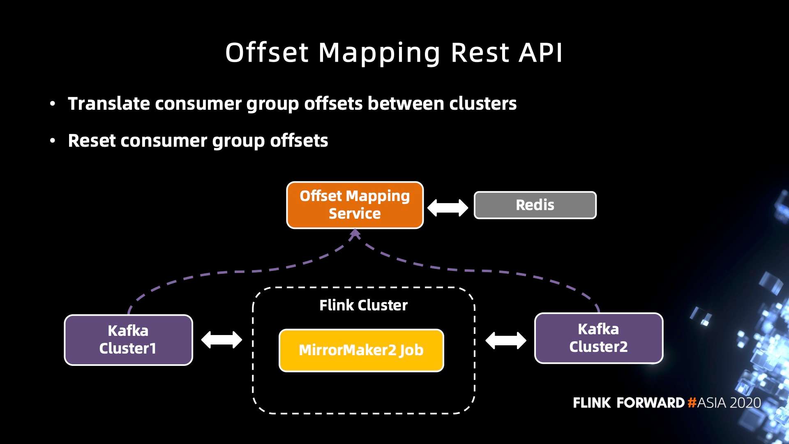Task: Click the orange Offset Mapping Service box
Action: point(355,205)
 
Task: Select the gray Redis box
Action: point(535,205)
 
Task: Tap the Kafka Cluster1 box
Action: point(128,340)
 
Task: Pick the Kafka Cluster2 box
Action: point(598,338)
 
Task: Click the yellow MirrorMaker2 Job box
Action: point(361,350)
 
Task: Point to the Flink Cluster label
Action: point(363,305)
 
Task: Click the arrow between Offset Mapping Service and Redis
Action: point(448,208)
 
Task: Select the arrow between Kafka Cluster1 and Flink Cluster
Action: point(221,340)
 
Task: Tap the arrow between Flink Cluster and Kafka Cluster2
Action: point(505,340)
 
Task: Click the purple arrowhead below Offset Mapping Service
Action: point(355,234)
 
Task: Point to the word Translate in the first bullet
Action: point(109,104)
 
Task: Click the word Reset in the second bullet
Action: point(92,141)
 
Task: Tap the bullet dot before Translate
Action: point(52,104)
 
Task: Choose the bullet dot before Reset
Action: point(52,141)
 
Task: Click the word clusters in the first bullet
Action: point(482,104)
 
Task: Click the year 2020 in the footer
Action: point(745,402)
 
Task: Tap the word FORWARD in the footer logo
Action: point(651,402)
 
